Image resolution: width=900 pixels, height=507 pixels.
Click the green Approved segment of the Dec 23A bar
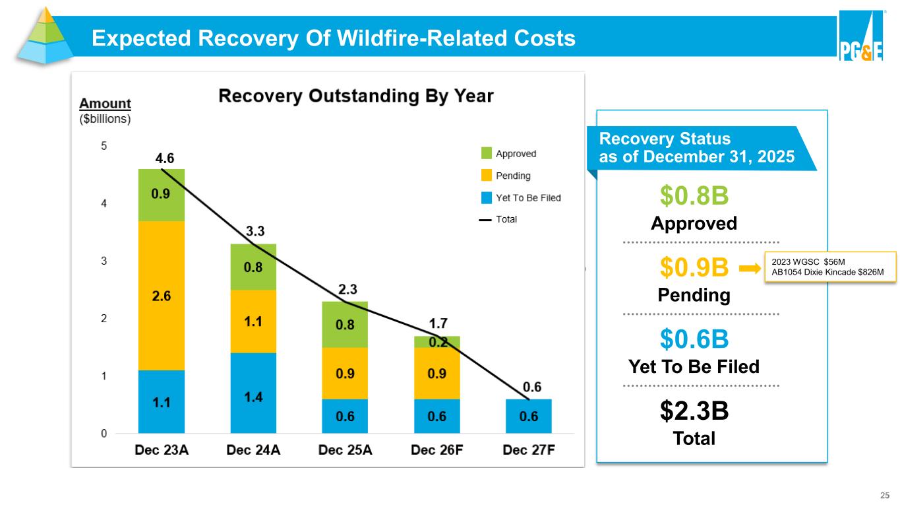161,195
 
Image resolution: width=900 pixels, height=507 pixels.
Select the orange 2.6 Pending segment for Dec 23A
161,296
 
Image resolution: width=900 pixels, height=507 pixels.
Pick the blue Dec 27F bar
529,417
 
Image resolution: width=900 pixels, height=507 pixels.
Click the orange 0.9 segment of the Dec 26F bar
436,373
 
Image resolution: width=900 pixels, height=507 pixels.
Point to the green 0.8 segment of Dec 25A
345,324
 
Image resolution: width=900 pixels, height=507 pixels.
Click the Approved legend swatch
487,154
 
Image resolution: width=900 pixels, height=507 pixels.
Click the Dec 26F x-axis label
436,451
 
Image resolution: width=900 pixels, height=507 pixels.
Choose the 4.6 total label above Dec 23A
165,158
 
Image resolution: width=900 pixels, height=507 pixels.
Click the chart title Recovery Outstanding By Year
355,96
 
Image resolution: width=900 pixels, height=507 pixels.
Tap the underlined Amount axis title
105,104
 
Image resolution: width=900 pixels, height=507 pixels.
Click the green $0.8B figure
694,195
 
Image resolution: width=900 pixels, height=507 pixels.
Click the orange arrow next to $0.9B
750,269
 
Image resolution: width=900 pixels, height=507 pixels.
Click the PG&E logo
861,38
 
